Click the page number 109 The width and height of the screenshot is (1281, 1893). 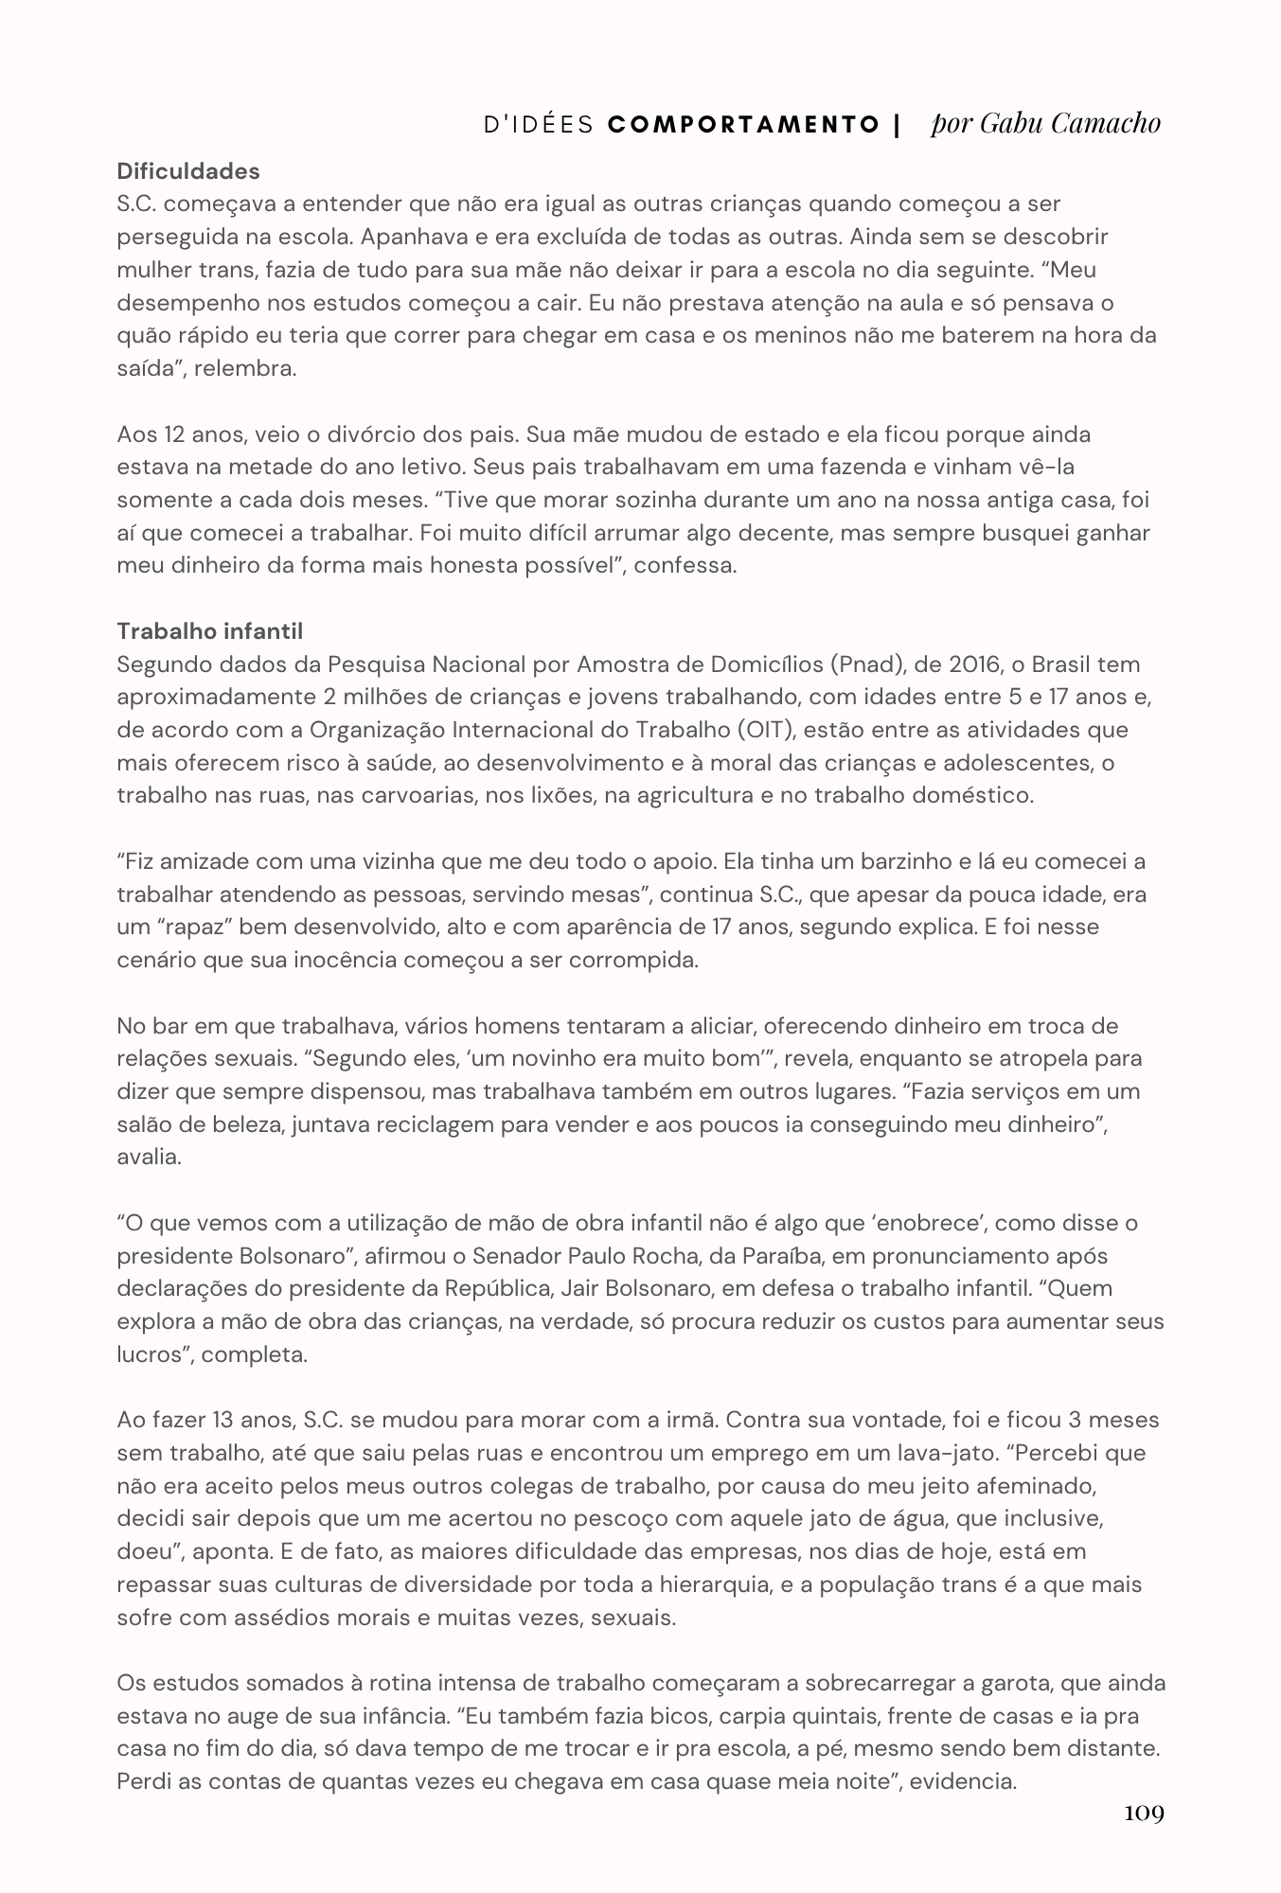1144,1813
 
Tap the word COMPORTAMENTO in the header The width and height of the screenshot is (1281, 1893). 744,125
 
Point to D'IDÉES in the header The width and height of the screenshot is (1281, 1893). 539,125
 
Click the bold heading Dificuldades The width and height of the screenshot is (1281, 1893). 188,171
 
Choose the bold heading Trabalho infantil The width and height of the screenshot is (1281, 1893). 210,631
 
